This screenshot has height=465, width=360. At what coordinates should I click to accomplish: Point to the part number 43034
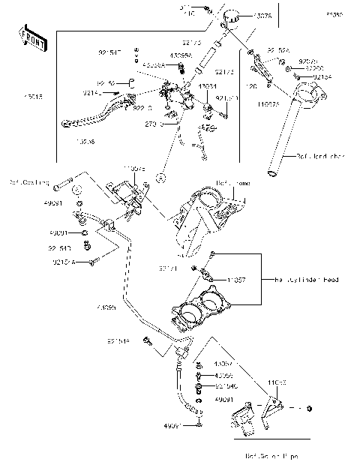[208, 86]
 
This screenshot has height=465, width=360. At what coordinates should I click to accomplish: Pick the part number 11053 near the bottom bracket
[277, 382]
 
